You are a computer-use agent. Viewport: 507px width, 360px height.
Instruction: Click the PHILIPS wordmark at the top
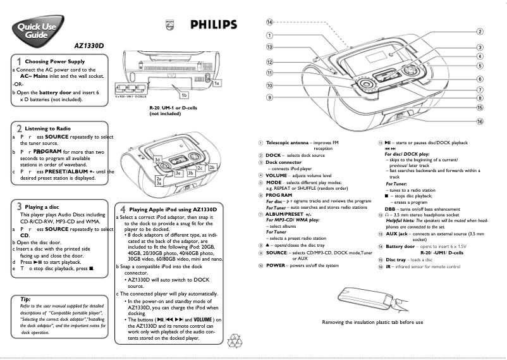pos(214,25)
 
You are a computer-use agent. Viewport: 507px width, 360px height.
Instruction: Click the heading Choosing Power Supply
pos(54,61)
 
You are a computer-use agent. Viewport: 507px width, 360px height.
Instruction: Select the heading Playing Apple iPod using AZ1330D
pos(173,209)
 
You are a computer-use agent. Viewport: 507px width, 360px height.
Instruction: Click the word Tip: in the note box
pos(26,299)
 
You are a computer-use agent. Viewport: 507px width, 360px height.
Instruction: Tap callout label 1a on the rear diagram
pos(217,84)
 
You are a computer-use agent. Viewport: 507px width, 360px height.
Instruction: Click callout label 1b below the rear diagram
pos(184,95)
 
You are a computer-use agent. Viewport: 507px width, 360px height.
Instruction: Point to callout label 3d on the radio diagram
pos(158,159)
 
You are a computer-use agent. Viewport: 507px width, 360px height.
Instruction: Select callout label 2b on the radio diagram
pos(212,166)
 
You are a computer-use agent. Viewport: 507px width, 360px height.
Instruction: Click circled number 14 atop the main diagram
pos(269,22)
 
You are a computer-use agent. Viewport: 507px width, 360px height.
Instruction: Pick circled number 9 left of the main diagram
pos(269,97)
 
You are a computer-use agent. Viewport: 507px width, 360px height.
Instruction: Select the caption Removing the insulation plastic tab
pos(372,322)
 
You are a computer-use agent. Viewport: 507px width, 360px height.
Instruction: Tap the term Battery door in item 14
pos(401,246)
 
